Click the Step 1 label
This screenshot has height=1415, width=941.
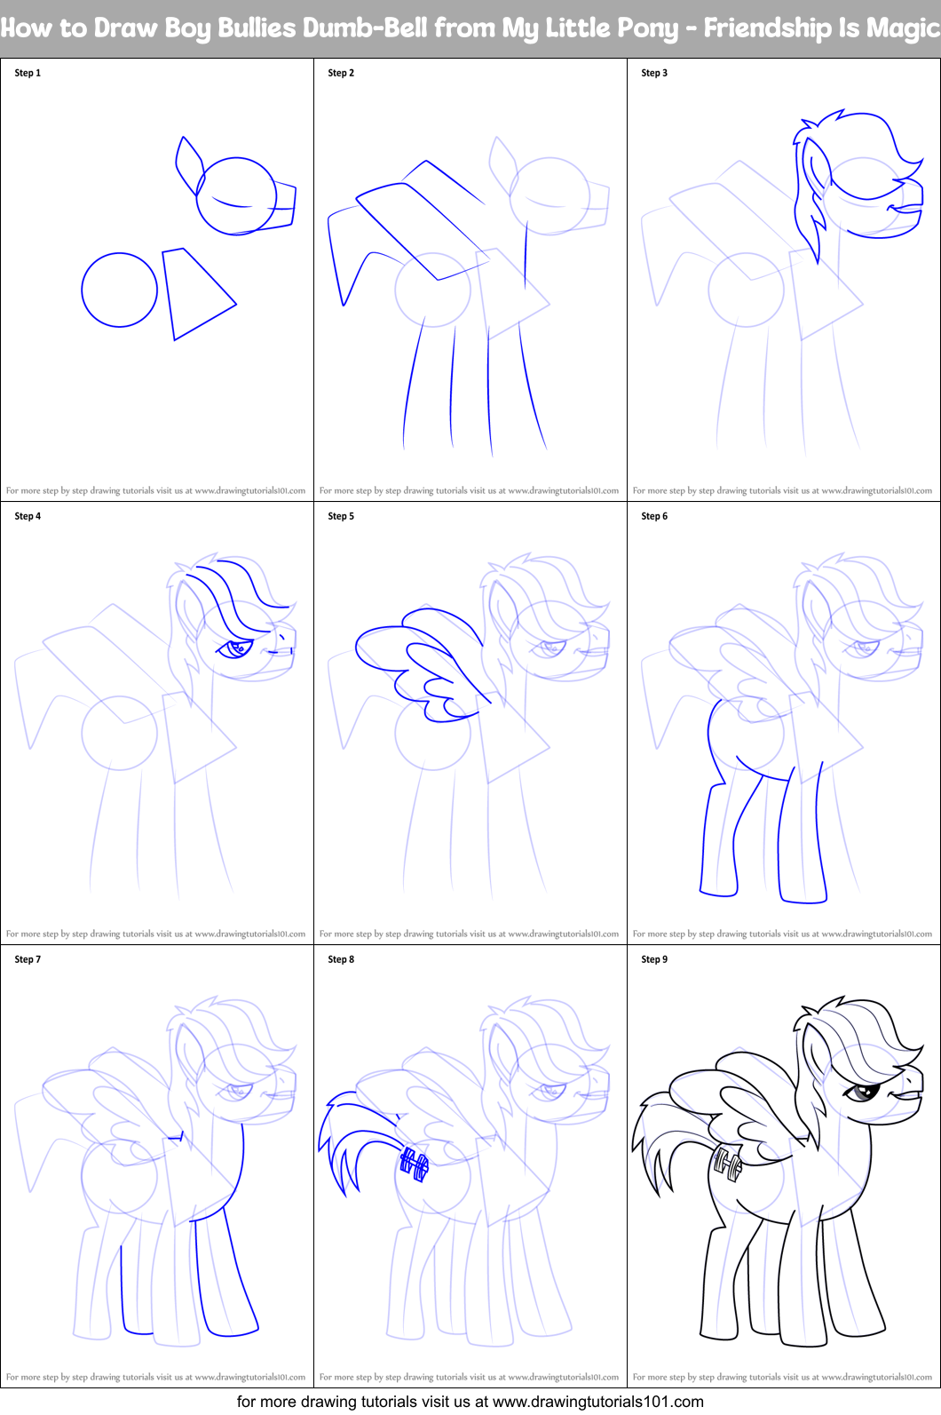(28, 73)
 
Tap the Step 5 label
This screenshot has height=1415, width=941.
(341, 516)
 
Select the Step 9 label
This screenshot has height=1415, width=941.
(654, 959)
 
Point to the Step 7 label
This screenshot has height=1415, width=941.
(28, 959)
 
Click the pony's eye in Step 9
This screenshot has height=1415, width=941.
(858, 1091)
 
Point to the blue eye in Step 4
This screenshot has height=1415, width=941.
(236, 648)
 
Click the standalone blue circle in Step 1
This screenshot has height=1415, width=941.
(119, 290)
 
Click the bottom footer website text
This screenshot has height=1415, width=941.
(470, 1402)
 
